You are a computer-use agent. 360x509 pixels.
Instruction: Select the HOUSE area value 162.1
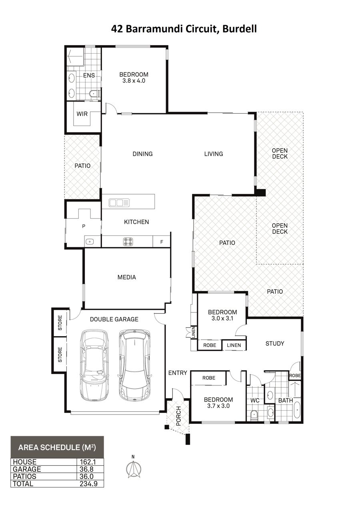(x=88, y=462)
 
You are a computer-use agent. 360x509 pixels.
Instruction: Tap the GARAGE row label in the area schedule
(x=27, y=469)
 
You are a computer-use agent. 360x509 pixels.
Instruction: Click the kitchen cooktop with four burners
(x=128, y=242)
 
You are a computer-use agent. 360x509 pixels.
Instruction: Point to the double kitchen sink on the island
(x=119, y=202)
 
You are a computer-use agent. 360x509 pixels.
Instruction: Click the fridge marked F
(x=162, y=242)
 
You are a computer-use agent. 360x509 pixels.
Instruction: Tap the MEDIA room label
(x=127, y=277)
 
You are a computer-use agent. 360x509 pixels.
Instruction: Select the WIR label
(x=82, y=114)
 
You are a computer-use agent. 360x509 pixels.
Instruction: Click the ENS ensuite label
(x=89, y=76)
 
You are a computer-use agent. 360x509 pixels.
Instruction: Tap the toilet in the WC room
(x=254, y=415)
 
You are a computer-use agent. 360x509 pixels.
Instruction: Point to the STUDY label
(x=275, y=343)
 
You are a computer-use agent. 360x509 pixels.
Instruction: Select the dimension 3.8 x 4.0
(x=134, y=81)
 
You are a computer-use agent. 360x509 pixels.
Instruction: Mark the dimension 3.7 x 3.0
(x=218, y=406)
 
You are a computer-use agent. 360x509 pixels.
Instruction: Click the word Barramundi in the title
(x=154, y=29)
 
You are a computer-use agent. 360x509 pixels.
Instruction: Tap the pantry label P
(x=84, y=226)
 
